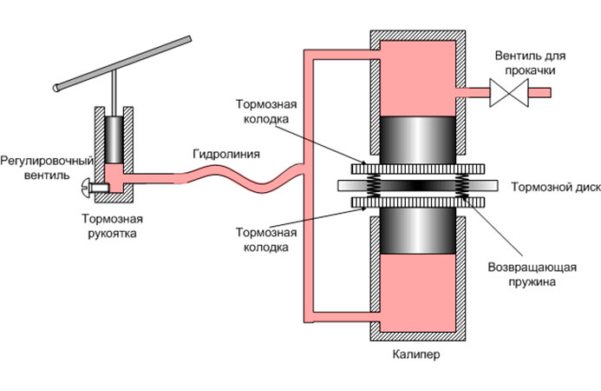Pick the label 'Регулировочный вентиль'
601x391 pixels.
point(40,166)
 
